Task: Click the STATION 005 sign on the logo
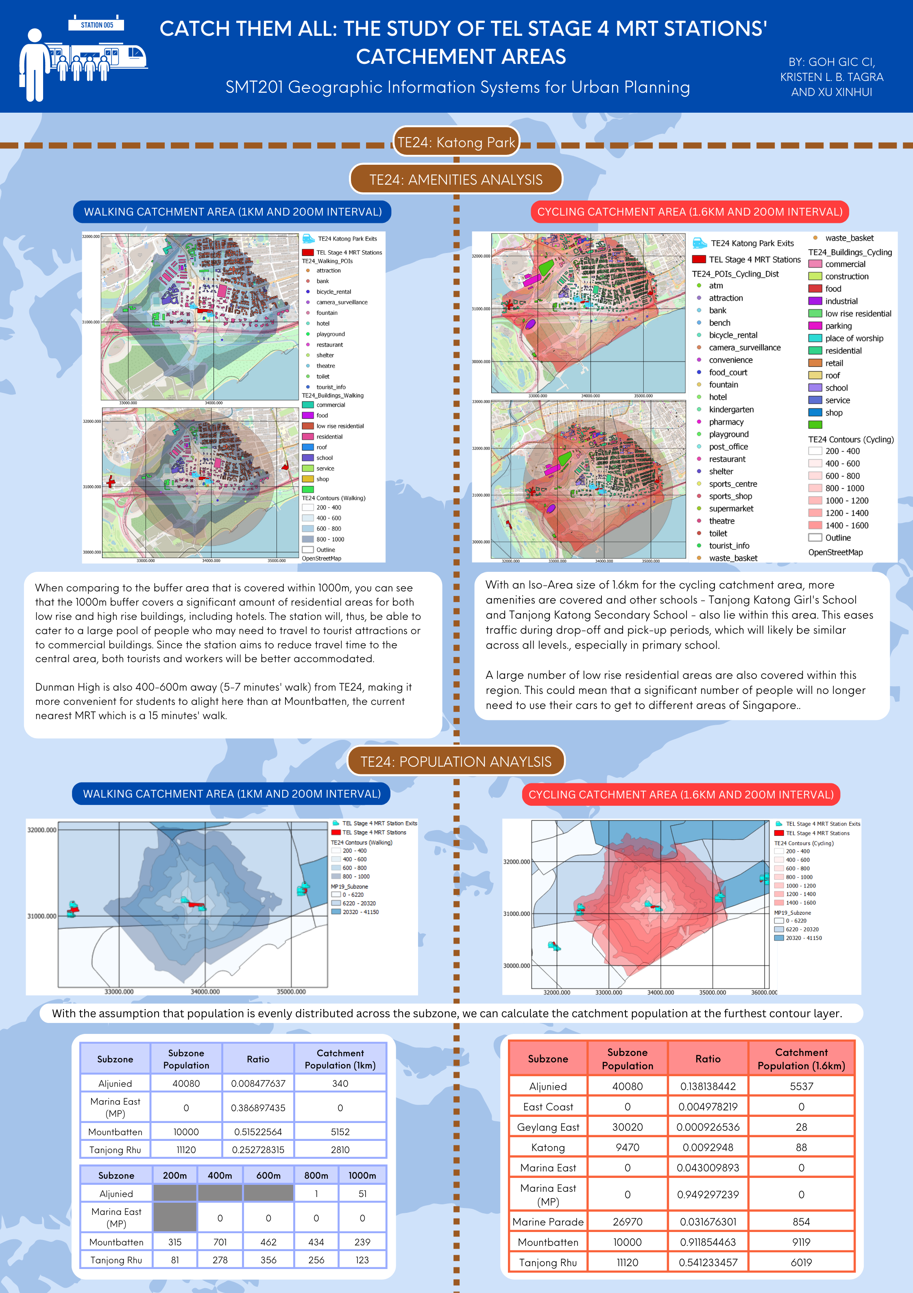96,25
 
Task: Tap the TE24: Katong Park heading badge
456,142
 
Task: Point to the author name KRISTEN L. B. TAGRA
831,77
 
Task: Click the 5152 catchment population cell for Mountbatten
340,1132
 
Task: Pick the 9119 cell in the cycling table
801,1242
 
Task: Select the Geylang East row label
548,1127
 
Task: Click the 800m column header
316,1175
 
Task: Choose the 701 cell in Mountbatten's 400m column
220,1242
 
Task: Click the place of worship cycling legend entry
854,338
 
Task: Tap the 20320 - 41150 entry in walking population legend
360,912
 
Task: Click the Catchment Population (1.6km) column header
801,1059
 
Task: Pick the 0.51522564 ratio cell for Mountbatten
258,1132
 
